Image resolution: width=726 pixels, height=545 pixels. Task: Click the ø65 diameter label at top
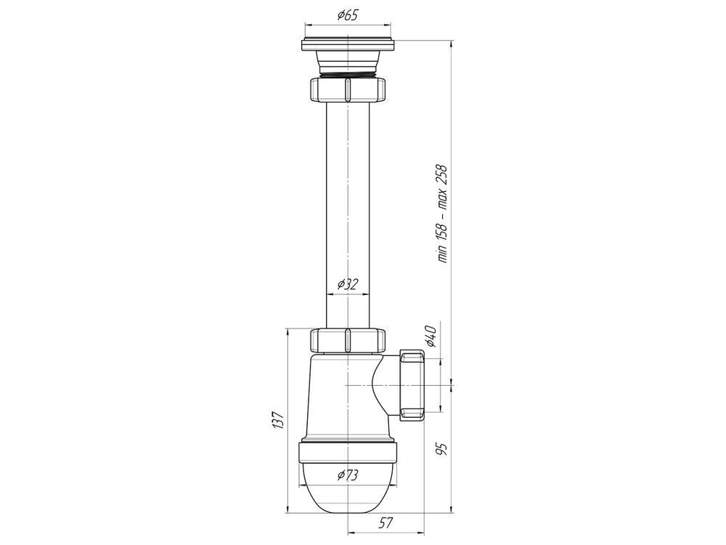348,15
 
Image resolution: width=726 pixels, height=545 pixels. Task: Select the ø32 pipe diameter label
348,284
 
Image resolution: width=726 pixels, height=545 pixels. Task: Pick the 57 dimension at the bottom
386,522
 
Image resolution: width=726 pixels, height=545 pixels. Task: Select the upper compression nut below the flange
348,90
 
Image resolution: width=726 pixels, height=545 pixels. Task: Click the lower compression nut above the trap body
348,340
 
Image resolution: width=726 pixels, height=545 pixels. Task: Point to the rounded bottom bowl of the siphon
348,494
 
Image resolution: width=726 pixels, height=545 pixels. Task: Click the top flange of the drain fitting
348,44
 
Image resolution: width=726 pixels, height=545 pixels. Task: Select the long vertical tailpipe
348,211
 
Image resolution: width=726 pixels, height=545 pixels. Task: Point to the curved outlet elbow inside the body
378,385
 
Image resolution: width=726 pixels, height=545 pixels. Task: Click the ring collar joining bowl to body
348,451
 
